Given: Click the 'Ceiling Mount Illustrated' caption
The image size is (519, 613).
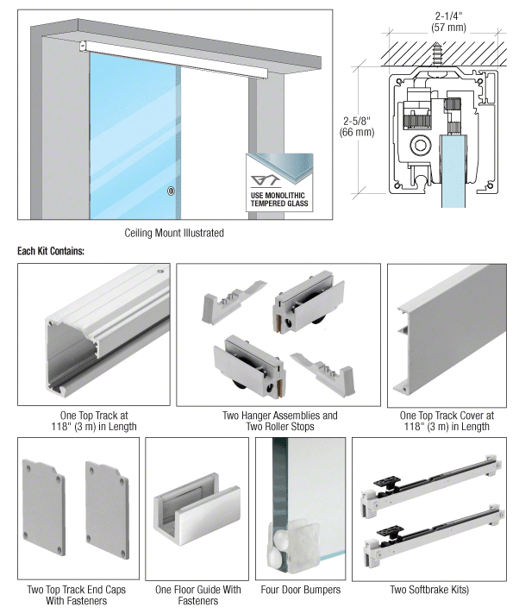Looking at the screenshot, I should point(174,233).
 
